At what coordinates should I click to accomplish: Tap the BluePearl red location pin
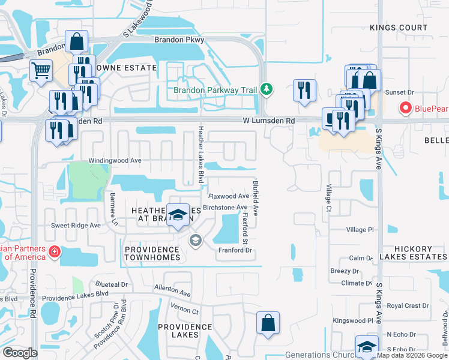point(405,108)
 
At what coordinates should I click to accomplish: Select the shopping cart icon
point(41,70)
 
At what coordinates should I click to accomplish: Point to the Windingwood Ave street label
point(115,161)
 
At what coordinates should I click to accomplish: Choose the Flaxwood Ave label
point(228,196)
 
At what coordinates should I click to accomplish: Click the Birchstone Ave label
point(225,208)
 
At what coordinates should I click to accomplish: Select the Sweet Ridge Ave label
point(76,226)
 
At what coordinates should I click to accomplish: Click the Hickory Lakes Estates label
point(420,253)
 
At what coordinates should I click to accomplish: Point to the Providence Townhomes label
point(152,253)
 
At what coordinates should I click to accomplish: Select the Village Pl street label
point(360,230)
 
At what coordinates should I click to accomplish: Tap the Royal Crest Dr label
point(408,306)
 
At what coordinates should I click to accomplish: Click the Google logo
point(20,353)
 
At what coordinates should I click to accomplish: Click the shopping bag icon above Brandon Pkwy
point(77,42)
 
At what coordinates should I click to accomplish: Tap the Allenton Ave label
point(172,291)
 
